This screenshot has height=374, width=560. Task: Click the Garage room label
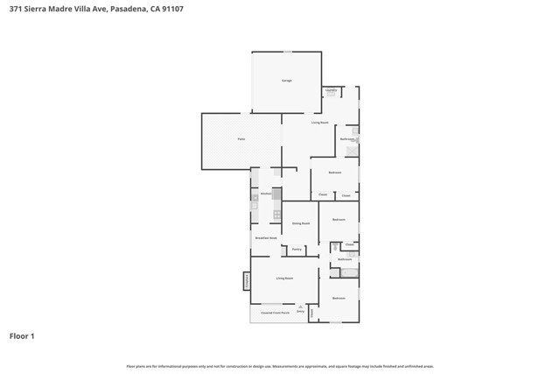pyautogui.click(x=286, y=81)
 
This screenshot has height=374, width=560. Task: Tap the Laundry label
pyautogui.click(x=332, y=90)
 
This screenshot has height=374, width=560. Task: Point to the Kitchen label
pyautogui.click(x=266, y=194)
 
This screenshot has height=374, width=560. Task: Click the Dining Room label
pyautogui.click(x=301, y=223)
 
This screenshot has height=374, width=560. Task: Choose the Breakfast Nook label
pyautogui.click(x=266, y=238)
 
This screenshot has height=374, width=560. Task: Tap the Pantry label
pyautogui.click(x=297, y=250)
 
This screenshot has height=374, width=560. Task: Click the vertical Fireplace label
pyautogui.click(x=248, y=280)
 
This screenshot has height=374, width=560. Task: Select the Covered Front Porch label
pyautogui.click(x=275, y=313)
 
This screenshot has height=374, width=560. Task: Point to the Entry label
pyautogui.click(x=300, y=311)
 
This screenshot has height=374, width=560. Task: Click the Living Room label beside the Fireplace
pyautogui.click(x=284, y=279)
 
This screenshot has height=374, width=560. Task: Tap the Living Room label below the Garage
pyautogui.click(x=320, y=123)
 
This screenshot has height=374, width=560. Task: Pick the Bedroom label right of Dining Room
pyautogui.click(x=339, y=219)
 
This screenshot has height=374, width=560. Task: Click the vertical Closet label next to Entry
pyautogui.click(x=311, y=312)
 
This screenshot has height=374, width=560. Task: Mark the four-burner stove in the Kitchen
pyautogui.click(x=277, y=214)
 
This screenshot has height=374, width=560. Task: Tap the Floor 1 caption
pyautogui.click(x=22, y=335)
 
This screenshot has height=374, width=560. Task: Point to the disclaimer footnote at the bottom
pyautogui.click(x=280, y=366)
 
